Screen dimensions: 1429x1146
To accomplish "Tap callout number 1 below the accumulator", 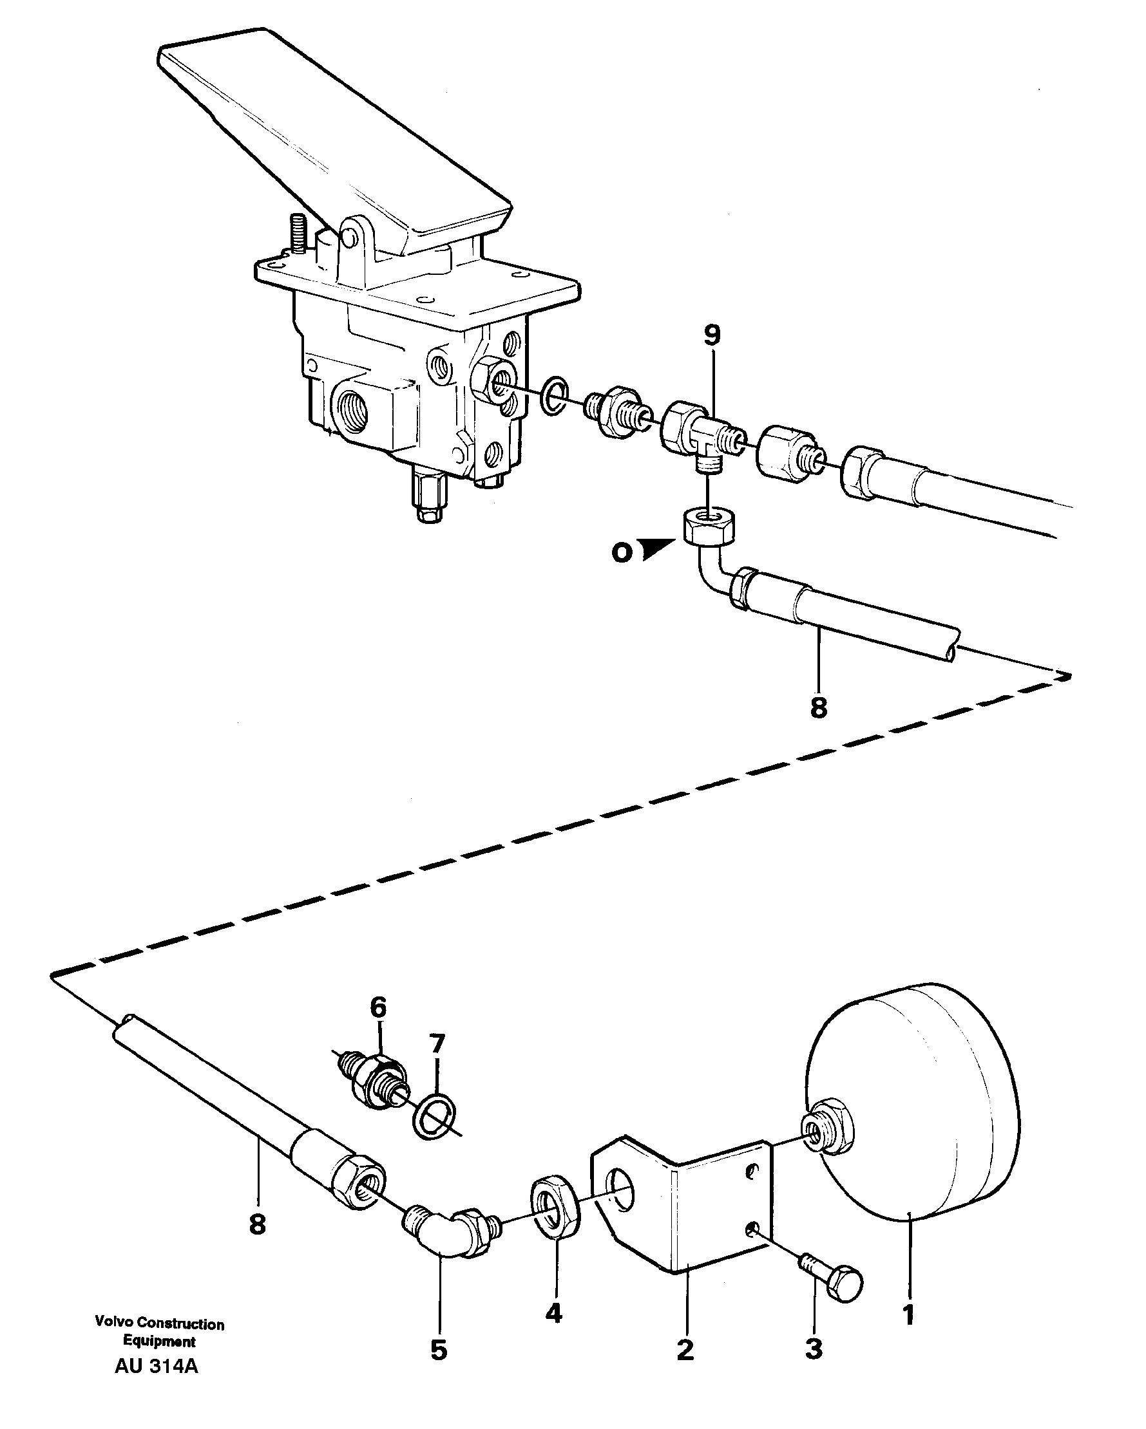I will pos(908,1314).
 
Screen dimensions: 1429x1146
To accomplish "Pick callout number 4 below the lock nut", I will pos(553,1313).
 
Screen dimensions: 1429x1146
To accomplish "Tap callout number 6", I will pos(377,1008).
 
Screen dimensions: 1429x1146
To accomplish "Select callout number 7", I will pos(436,1045).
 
